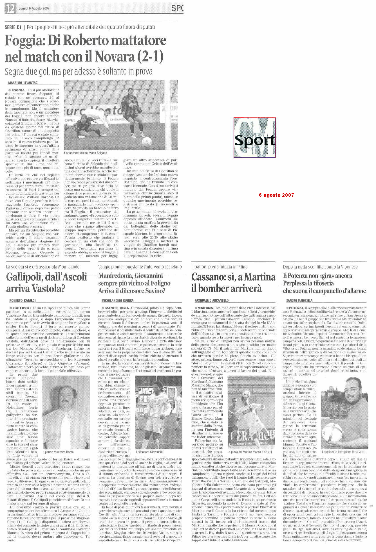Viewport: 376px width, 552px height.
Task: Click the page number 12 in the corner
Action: [10, 9]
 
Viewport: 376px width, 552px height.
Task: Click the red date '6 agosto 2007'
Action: [276, 195]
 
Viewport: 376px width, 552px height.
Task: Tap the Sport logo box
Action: [254, 138]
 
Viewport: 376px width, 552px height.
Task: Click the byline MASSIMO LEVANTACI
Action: [23, 83]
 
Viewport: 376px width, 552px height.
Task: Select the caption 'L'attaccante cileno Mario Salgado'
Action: [86, 153]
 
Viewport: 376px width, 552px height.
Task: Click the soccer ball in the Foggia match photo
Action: [147, 141]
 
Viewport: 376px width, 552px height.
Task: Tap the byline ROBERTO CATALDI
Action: [23, 301]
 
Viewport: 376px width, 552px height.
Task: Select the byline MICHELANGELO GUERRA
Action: [117, 301]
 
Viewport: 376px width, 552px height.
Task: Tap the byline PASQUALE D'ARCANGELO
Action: [211, 301]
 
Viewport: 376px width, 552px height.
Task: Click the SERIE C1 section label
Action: [14, 27]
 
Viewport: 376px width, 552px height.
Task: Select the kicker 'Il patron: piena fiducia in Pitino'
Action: [219, 267]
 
